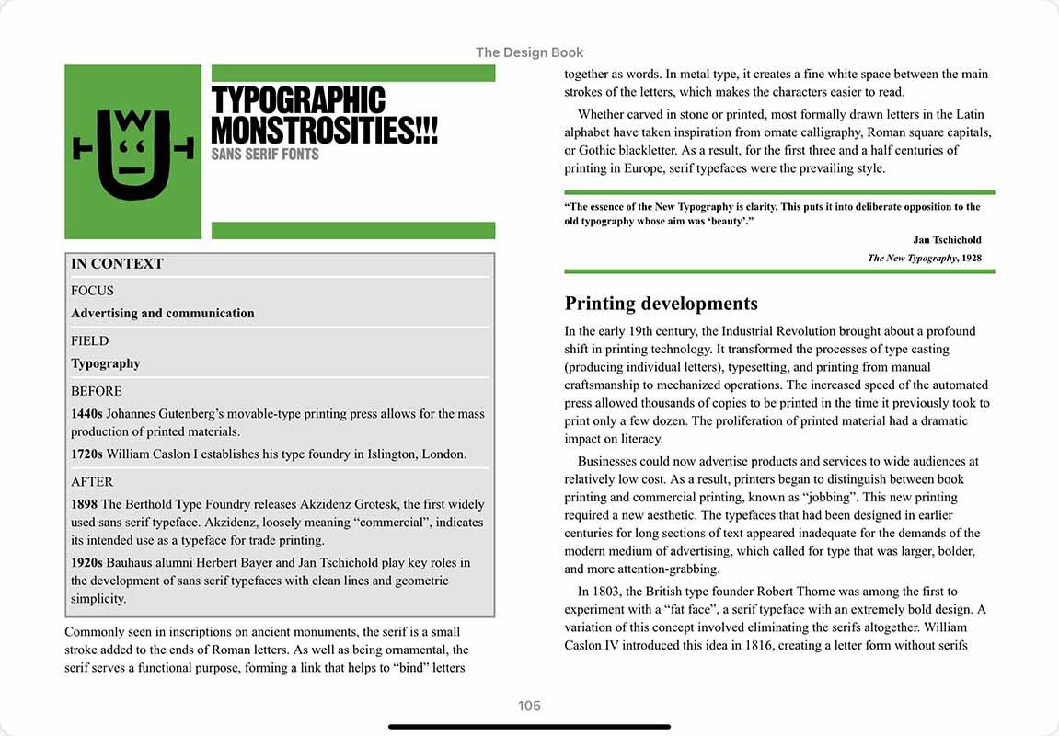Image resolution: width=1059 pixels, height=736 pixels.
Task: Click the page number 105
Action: click(x=529, y=707)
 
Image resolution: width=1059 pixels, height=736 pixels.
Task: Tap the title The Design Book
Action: click(x=529, y=52)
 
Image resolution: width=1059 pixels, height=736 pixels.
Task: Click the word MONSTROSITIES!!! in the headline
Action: click(x=325, y=130)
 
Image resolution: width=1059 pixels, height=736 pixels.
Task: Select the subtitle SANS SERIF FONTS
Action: click(x=265, y=154)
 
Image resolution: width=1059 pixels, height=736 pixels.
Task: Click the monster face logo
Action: click(x=133, y=153)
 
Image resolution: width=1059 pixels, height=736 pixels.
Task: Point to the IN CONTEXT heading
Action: click(x=117, y=264)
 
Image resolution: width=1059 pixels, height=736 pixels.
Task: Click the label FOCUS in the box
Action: click(x=92, y=291)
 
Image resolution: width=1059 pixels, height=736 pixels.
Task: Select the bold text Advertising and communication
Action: click(x=163, y=314)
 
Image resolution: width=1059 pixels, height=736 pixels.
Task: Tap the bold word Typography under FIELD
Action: click(x=106, y=363)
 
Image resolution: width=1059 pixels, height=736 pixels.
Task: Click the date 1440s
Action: click(x=86, y=414)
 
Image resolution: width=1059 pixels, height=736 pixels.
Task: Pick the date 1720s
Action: click(x=86, y=454)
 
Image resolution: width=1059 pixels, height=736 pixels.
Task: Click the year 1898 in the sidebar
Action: click(x=85, y=504)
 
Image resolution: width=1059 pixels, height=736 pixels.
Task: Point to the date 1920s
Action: click(x=86, y=563)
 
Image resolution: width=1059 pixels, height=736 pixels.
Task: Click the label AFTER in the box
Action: click(x=92, y=481)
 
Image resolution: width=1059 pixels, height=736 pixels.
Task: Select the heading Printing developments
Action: click(x=661, y=304)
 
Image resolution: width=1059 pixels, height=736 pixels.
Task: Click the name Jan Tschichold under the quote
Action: click(x=947, y=240)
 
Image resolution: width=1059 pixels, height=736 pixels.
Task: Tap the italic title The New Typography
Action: click(x=912, y=259)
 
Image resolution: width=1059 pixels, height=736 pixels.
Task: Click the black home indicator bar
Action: click(x=529, y=727)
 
